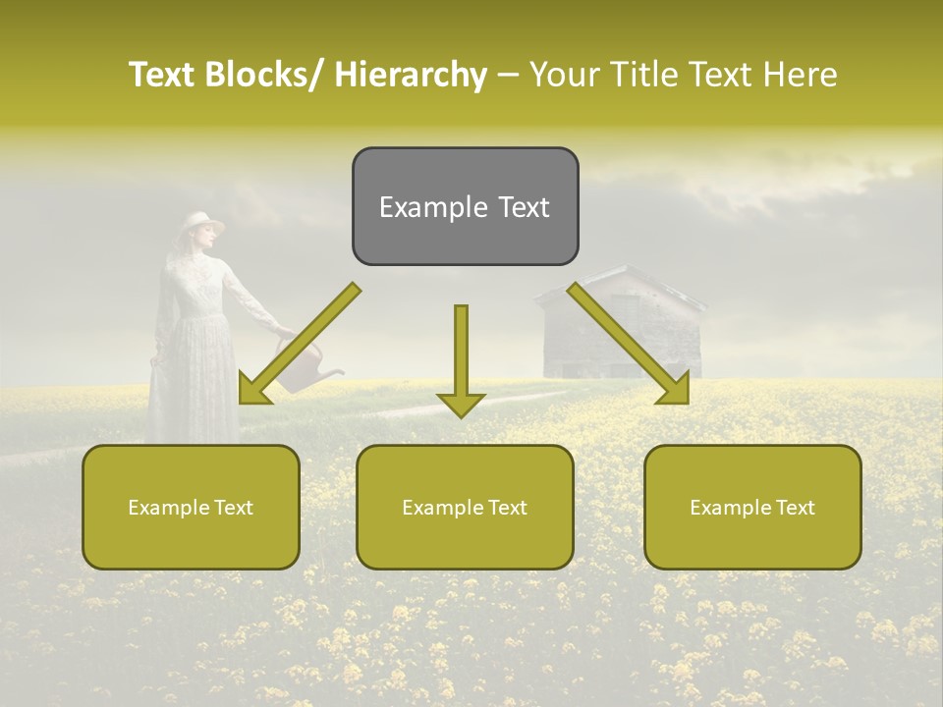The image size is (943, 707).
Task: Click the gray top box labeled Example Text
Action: (x=465, y=206)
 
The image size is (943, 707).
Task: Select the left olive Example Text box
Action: (x=191, y=507)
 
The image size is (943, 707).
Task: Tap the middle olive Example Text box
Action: (x=465, y=507)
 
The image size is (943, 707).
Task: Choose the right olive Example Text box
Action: (x=752, y=507)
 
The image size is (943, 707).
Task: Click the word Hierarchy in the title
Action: (x=411, y=75)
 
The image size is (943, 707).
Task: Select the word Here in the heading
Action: (x=802, y=75)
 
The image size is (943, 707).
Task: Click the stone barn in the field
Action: (x=619, y=334)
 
